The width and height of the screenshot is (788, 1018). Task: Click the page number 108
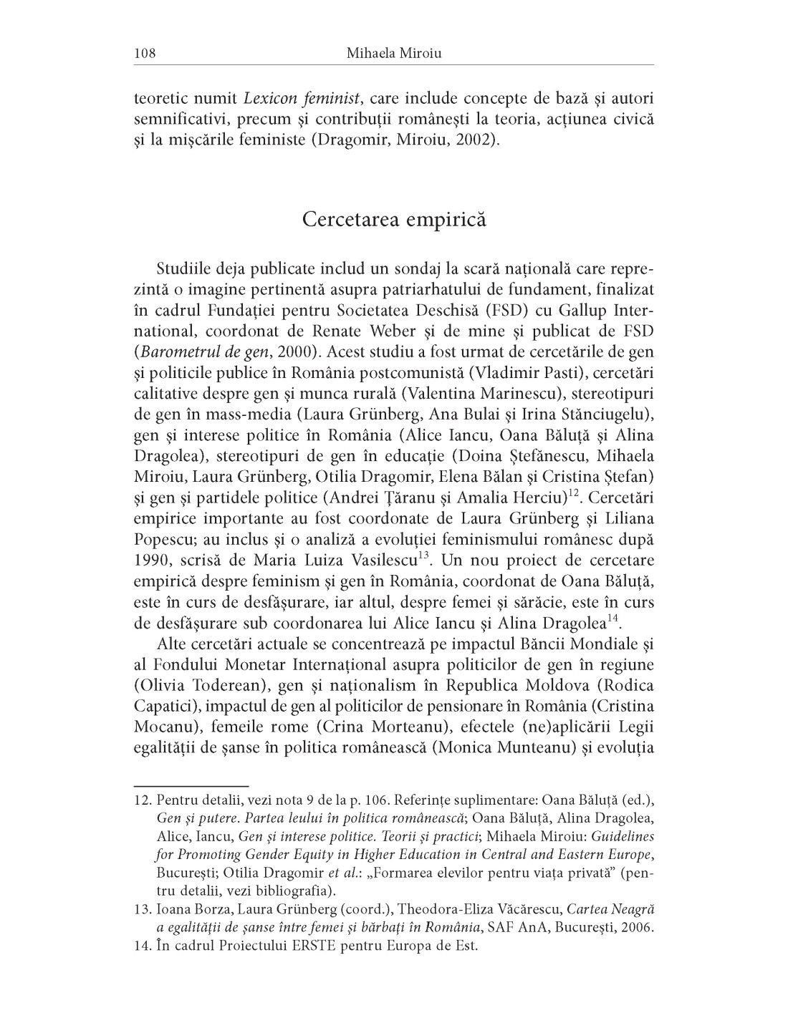click(x=145, y=53)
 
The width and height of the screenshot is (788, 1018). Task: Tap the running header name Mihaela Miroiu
click(x=393, y=53)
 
